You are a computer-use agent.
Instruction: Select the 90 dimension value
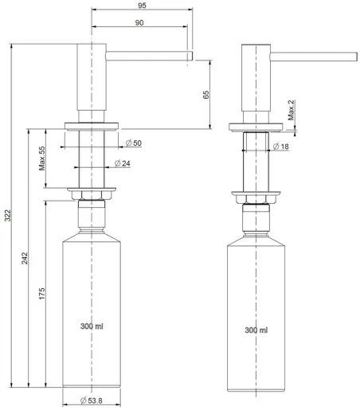[139, 23]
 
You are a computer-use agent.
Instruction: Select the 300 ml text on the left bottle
[92, 326]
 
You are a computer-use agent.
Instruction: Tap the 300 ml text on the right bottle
[256, 329]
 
